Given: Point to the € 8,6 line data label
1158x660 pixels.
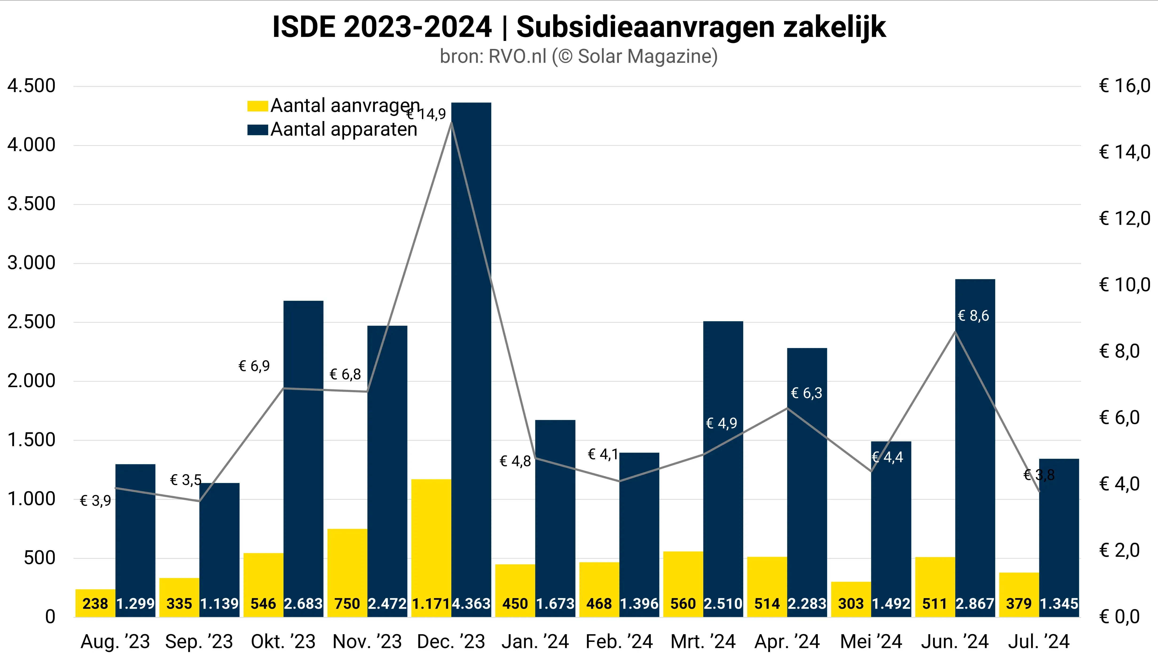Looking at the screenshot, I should click(x=973, y=316).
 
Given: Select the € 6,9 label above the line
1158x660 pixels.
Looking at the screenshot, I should click(x=254, y=366).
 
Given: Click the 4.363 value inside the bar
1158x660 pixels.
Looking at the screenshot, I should click(x=471, y=604).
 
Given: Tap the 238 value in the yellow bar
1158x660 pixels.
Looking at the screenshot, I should click(x=95, y=604).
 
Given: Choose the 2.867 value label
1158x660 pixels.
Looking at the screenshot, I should click(x=975, y=604).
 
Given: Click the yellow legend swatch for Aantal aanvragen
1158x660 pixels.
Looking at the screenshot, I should click(x=257, y=106).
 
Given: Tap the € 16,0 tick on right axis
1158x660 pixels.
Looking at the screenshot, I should click(x=1124, y=86).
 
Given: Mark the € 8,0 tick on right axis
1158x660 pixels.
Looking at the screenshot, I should click(x=1119, y=351).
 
